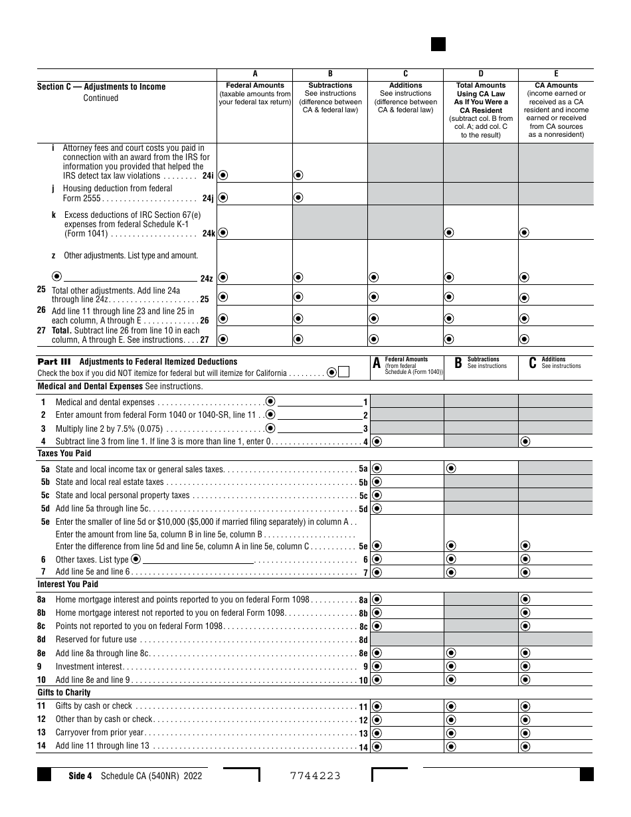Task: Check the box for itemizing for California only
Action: (x=343, y=373)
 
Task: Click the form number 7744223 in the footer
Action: (x=315, y=776)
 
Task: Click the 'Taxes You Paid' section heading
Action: (x=64, y=454)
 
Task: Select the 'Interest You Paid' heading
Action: (x=68, y=585)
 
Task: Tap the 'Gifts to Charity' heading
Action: (x=64, y=693)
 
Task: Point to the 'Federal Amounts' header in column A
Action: (x=255, y=86)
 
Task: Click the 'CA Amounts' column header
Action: (x=556, y=86)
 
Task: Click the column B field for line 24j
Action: (x=330, y=197)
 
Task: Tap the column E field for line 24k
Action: (x=556, y=232)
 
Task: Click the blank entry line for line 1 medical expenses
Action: (x=319, y=403)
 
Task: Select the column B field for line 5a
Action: (x=481, y=468)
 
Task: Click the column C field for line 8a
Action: (x=556, y=599)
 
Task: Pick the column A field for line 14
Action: (x=406, y=747)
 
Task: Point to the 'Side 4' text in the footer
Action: (x=80, y=776)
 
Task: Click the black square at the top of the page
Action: (x=438, y=44)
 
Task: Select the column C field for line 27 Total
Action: (x=406, y=338)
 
